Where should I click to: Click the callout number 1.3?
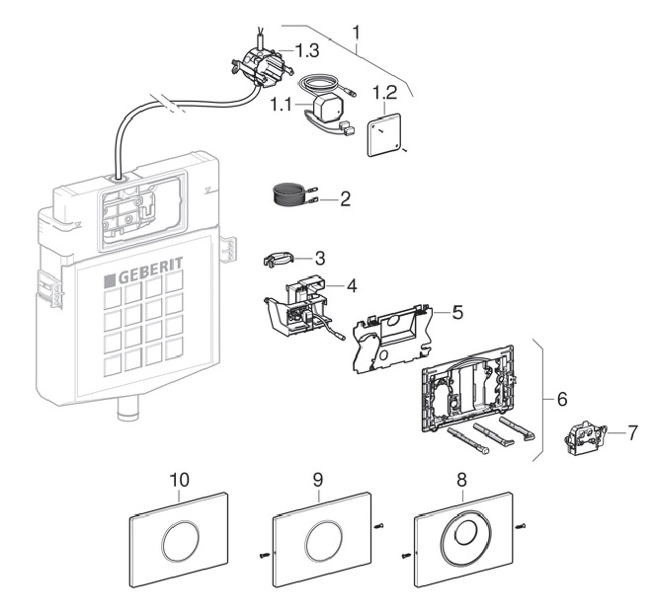(301, 49)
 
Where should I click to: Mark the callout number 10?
(179, 479)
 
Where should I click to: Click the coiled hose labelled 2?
(288, 193)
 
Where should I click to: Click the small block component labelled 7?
(585, 438)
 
